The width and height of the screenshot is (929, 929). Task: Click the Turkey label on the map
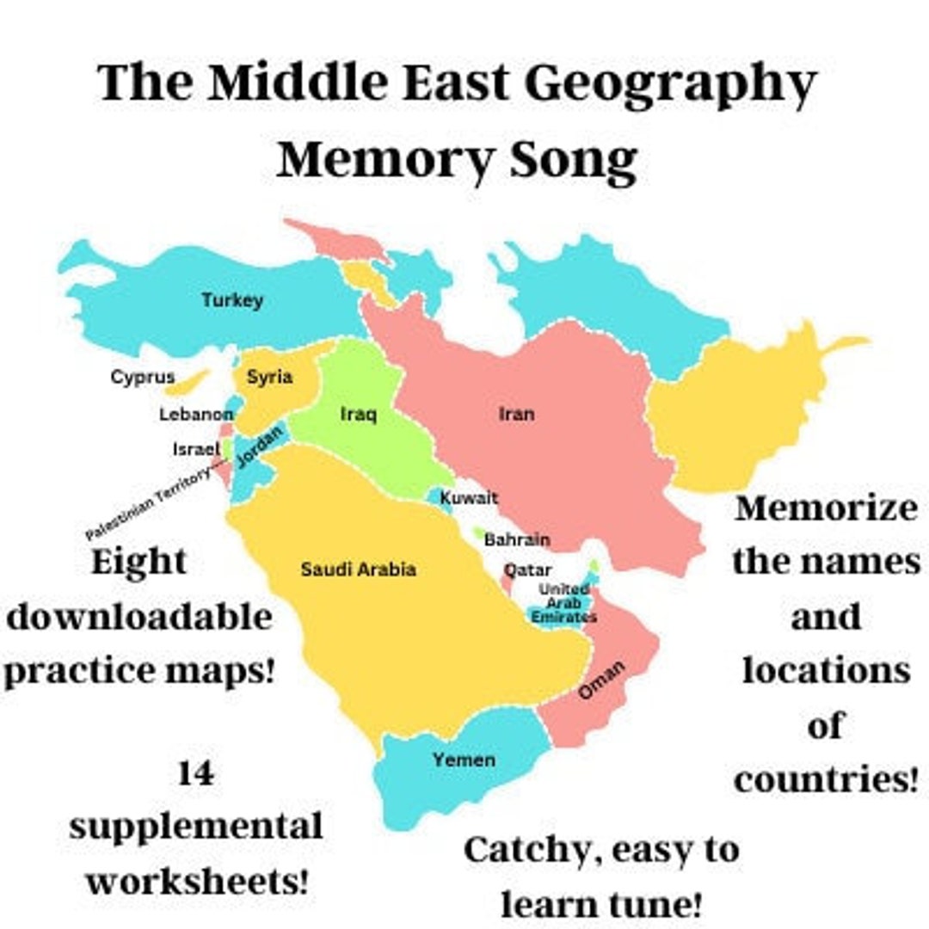coord(232,300)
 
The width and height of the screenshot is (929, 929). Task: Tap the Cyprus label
coord(143,377)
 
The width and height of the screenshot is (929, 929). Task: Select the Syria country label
coord(269,377)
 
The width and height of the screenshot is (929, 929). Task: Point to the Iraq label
coord(358,415)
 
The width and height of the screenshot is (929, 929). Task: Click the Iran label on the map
coord(516,414)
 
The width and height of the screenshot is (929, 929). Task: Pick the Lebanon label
coord(196,415)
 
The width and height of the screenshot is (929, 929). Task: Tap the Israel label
coord(197,449)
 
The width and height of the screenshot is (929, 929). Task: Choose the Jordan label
coord(260,447)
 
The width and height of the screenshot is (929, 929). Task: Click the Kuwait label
coord(469,498)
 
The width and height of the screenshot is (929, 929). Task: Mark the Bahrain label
coord(516,540)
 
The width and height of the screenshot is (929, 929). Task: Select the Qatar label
coord(527,570)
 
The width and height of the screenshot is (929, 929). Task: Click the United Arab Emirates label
coord(563,603)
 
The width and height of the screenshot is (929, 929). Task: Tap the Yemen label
coord(464,760)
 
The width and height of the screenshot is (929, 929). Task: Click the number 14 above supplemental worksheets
coord(196,774)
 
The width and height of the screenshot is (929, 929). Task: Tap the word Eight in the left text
coord(138,563)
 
